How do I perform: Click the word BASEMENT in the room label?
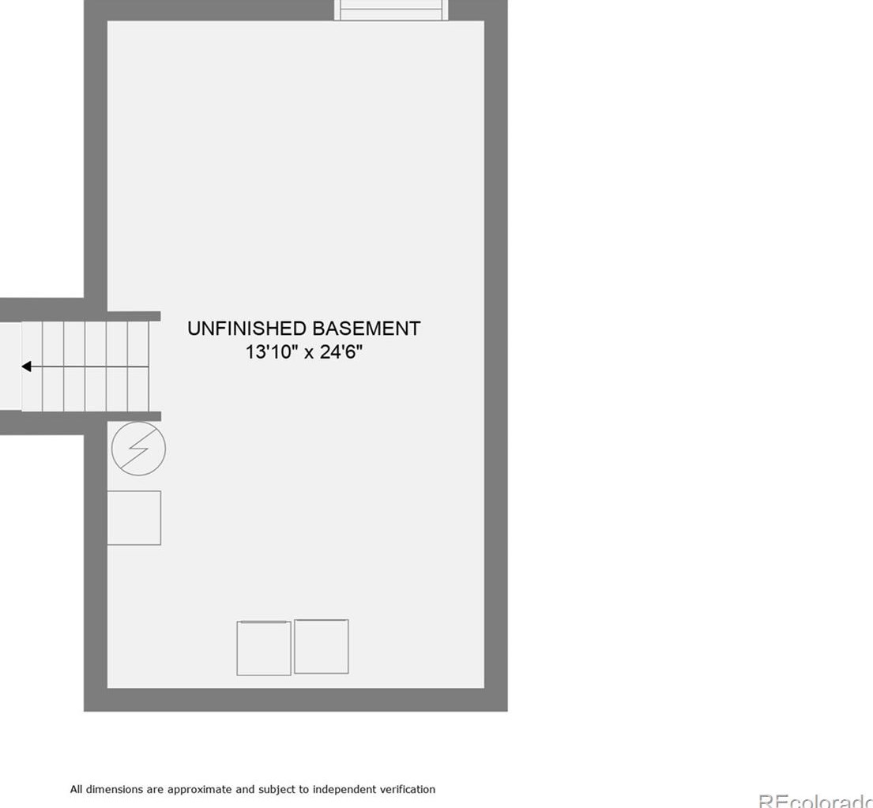[x=366, y=329]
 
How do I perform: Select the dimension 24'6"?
[x=341, y=352]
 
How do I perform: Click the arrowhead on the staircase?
[x=27, y=366]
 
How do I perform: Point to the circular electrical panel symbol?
[x=138, y=449]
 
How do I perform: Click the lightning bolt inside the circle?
[x=138, y=449]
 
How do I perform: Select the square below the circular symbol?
[x=134, y=517]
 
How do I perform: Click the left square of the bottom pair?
[x=264, y=648]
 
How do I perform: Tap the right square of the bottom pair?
[x=321, y=646]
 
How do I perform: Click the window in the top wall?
[x=390, y=9]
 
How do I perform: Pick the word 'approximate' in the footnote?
[x=199, y=789]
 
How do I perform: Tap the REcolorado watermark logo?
[x=815, y=801]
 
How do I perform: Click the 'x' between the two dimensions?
[x=309, y=353]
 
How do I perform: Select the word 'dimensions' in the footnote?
[x=112, y=789]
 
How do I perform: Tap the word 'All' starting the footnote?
[x=76, y=789]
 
